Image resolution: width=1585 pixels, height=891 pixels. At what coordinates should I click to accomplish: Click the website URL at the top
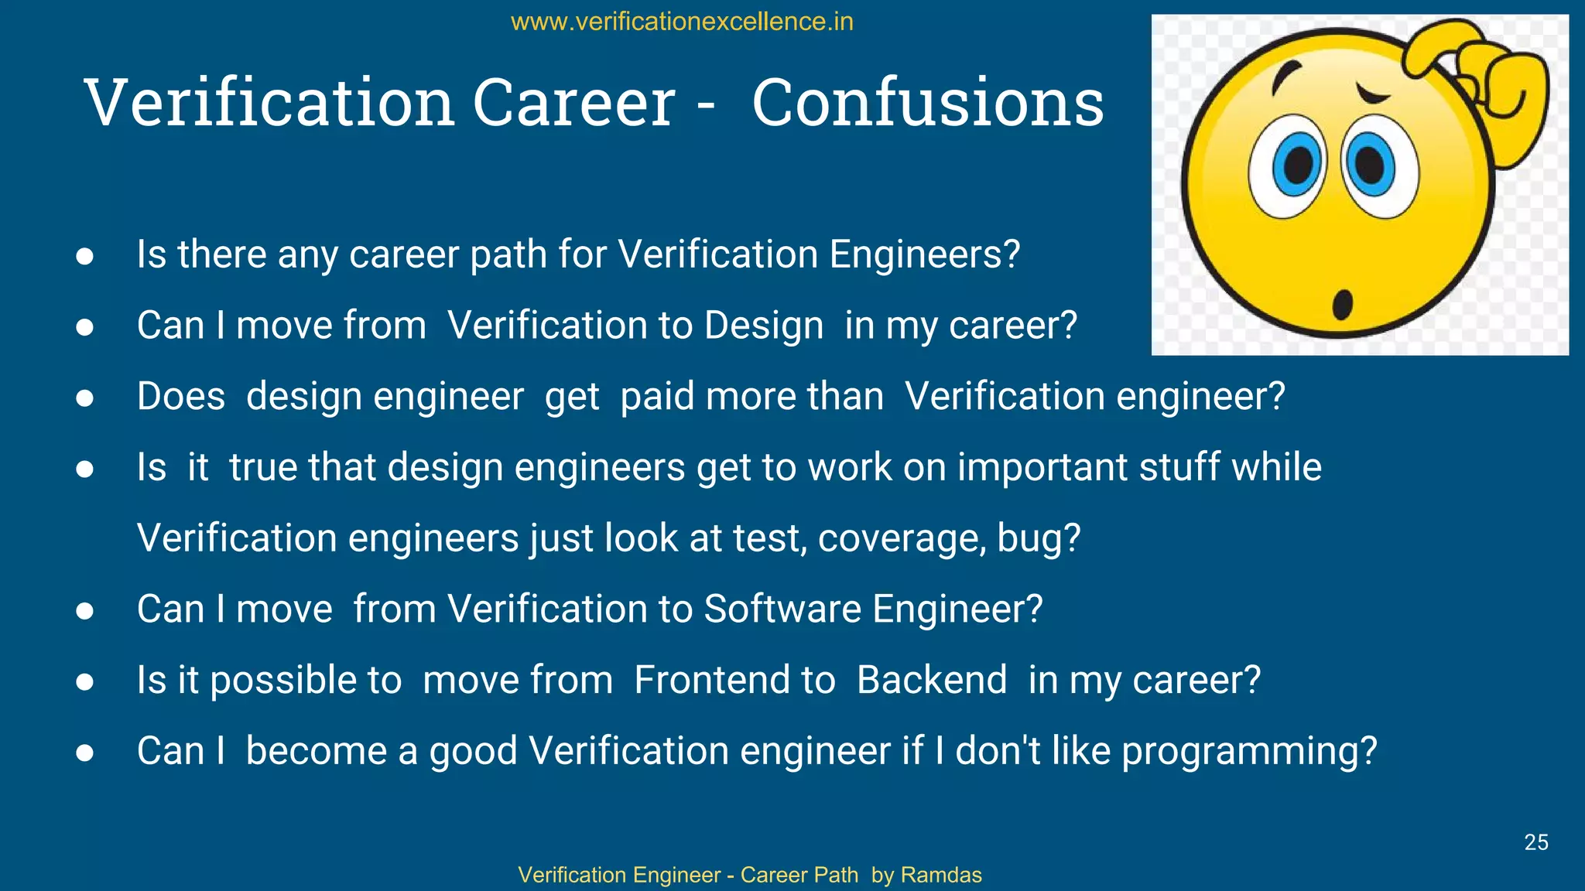pos(682,22)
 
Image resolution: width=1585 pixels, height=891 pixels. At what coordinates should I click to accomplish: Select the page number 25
pos(1535,842)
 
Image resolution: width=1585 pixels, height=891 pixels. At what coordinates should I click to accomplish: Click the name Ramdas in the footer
pos(941,875)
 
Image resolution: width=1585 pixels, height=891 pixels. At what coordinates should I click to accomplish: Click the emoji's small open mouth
pos(1342,303)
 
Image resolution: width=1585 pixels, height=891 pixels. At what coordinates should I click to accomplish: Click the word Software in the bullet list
pos(782,609)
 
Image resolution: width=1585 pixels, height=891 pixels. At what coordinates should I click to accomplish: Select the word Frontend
pos(734,680)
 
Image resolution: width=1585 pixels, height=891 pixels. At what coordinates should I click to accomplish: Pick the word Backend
pos(932,680)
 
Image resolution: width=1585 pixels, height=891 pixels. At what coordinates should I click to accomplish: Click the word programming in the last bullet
pos(1248,751)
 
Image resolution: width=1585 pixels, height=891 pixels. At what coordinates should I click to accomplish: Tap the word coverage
pos(902,538)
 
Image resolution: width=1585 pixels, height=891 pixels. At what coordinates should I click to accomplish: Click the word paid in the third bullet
pos(657,397)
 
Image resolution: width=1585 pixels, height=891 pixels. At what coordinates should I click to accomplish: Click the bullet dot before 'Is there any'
pos(85,256)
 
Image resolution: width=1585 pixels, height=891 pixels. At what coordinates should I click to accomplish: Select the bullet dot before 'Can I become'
pos(85,753)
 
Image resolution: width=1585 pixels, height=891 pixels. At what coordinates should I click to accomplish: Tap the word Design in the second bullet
pos(763,326)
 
